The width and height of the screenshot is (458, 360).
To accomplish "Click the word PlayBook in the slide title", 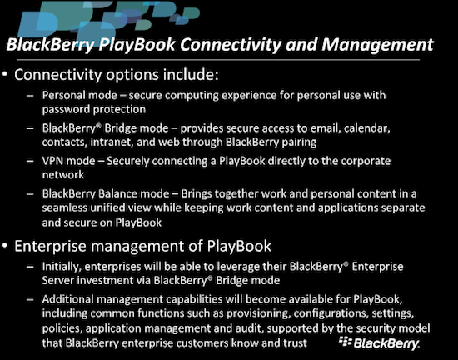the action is (137, 45).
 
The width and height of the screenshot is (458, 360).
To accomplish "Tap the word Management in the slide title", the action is (377, 45).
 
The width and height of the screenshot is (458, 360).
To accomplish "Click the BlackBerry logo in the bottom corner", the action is (379, 342).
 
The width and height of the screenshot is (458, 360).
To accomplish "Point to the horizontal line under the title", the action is (218, 60).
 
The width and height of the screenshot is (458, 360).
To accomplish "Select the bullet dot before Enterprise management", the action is (5, 246).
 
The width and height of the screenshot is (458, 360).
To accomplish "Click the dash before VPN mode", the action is (30, 161).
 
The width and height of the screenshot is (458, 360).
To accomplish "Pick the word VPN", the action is (52, 161).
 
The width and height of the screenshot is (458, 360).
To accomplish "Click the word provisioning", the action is (258, 314).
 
